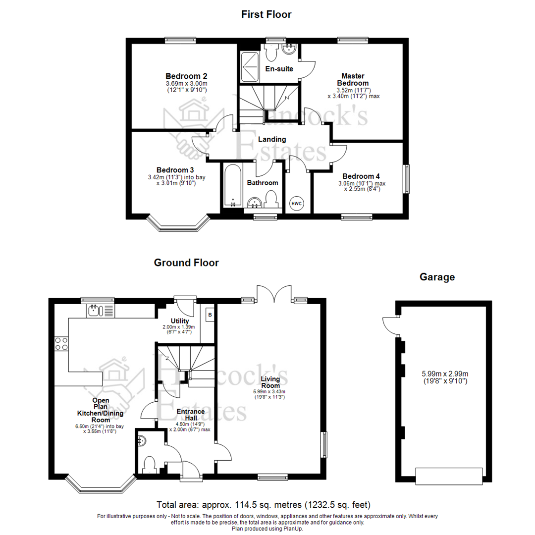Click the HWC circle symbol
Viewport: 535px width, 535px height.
pos(296,204)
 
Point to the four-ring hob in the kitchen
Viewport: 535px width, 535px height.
pos(61,343)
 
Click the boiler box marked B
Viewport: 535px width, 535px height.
pos(210,315)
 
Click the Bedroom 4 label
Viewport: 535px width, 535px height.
pos(361,176)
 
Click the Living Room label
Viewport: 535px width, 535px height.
pos(271,382)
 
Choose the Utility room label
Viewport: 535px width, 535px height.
pos(179,321)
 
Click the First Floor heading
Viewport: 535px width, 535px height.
pos(266,14)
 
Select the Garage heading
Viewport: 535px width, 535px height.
pos(437,277)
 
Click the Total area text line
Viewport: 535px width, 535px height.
pos(263,505)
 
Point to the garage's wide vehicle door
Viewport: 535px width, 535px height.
pos(449,476)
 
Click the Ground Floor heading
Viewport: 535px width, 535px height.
pos(186,263)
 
